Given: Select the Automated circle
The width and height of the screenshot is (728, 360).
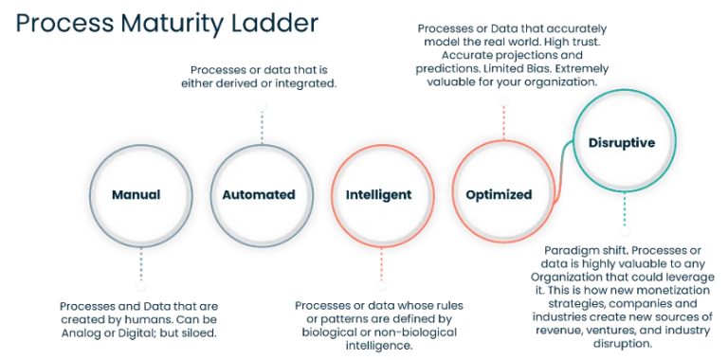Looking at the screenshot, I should [x=258, y=195].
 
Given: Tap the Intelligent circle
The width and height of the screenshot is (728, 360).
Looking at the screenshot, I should [x=378, y=195].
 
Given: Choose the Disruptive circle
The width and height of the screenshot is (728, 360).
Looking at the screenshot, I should [x=622, y=144].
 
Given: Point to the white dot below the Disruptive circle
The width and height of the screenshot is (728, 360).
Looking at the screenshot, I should [x=624, y=230].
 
